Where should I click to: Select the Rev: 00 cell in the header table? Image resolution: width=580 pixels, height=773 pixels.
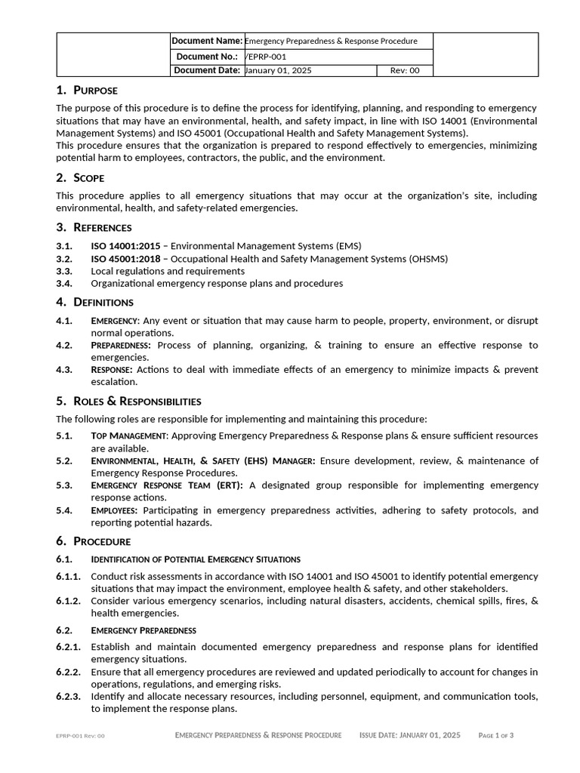click(x=405, y=71)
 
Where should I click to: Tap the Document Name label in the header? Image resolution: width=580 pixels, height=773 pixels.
click(x=207, y=41)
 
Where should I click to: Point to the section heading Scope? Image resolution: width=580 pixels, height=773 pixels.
click(x=89, y=178)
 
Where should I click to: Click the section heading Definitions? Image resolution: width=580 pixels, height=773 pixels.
click(x=103, y=302)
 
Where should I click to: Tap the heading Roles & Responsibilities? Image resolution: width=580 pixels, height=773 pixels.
click(x=137, y=401)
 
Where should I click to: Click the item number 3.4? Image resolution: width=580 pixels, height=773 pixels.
click(x=64, y=284)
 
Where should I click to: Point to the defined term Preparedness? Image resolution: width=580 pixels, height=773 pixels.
click(x=121, y=346)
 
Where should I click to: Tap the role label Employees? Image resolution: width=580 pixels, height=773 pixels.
click(x=115, y=510)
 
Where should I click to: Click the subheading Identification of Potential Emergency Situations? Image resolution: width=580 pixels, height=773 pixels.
click(x=196, y=559)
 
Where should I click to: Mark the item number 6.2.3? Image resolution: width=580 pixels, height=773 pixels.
click(x=68, y=697)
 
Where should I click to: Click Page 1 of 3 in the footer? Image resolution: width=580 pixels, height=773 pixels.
click(x=496, y=735)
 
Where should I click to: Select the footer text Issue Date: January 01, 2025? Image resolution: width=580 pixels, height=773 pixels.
click(x=409, y=735)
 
